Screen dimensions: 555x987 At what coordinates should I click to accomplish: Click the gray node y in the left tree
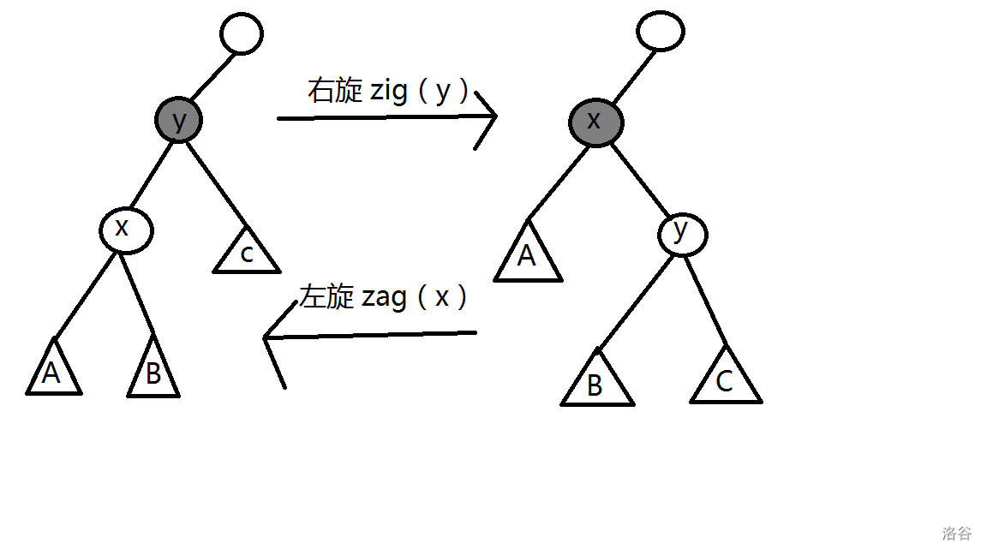click(178, 120)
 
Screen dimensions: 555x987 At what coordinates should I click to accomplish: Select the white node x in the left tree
click(125, 230)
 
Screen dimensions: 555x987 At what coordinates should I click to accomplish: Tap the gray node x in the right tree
click(595, 122)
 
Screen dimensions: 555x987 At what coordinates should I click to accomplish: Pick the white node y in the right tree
click(683, 233)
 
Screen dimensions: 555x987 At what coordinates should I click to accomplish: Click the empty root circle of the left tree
click(241, 34)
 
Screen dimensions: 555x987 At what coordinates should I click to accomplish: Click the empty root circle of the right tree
click(661, 31)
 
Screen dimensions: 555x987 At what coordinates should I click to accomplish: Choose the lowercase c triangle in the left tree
click(247, 254)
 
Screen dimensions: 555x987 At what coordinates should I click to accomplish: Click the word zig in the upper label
click(389, 92)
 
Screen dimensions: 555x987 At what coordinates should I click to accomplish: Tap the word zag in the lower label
click(384, 297)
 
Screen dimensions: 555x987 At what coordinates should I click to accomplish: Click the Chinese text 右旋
click(335, 92)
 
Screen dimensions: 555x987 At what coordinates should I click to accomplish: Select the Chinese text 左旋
click(326, 297)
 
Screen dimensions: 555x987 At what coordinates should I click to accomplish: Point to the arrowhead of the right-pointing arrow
click(494, 117)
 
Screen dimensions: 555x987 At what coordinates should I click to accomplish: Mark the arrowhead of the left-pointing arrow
click(267, 338)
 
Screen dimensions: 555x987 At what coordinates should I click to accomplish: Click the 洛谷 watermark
click(957, 534)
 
